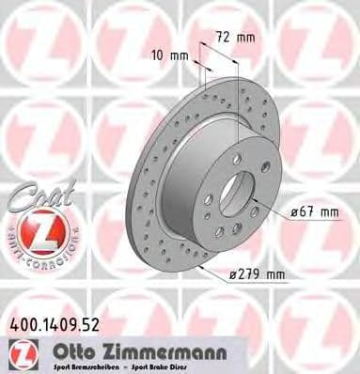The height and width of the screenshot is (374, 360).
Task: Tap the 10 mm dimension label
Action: pyautogui.click(x=171, y=55)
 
